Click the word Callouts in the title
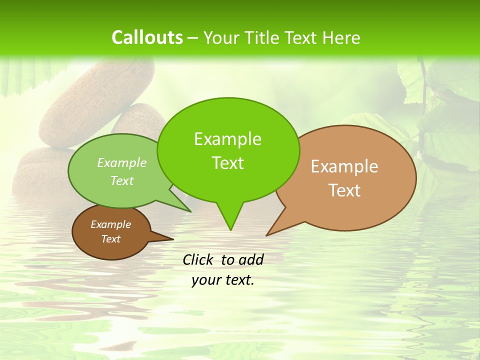coord(147,37)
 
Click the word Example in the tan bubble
coord(344,166)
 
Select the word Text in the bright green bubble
coord(228,163)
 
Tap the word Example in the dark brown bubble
coord(110,224)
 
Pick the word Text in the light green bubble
coord(122,180)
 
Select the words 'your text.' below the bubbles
coord(223,280)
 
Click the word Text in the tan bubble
coord(345,190)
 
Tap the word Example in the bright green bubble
coord(228,139)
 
